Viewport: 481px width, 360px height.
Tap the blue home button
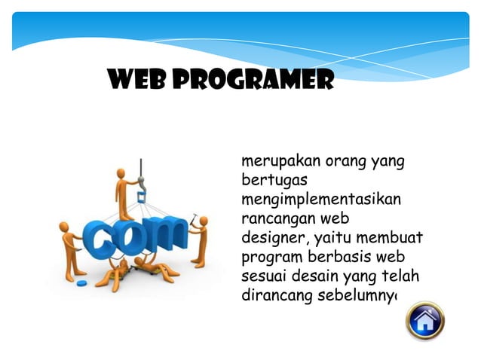point(425,321)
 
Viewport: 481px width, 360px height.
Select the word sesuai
point(260,276)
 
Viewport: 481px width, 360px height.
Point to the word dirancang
point(271,295)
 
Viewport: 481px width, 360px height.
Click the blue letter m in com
point(165,236)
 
